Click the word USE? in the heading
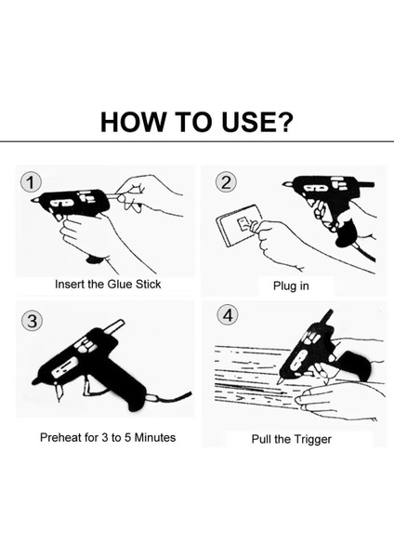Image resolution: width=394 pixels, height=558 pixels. pos(257,122)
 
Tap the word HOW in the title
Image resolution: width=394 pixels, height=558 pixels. pos(133,122)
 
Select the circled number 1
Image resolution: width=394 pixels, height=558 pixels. pos(31,183)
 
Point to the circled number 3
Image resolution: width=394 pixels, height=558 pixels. pos(32,321)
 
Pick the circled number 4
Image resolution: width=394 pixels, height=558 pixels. pos(228,315)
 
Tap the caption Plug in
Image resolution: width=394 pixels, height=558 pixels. pos(291,286)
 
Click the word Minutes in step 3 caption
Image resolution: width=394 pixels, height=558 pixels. pos(155,437)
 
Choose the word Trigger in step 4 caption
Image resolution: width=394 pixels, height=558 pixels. pos(312,439)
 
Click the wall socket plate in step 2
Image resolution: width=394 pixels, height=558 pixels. pos(239,226)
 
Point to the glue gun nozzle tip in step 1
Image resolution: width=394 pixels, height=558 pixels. pos(34,200)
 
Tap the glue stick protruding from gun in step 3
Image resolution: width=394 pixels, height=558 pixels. pos(115,326)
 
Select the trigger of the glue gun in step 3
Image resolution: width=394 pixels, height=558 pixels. pos(86,385)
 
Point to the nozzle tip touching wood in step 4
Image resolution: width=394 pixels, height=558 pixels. pos(280,380)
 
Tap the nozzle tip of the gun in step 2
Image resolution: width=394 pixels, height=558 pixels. pos(286,184)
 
